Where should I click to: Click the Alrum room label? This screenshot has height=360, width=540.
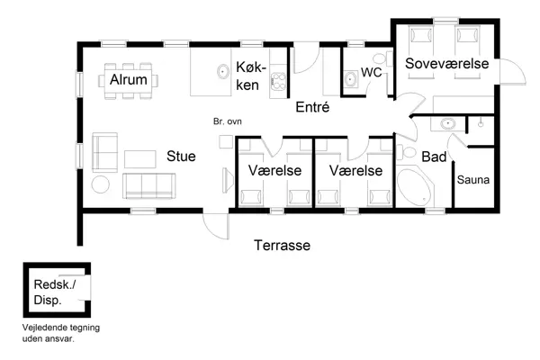[x=129, y=80]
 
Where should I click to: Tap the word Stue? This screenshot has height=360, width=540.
[x=180, y=156]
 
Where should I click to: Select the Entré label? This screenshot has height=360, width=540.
[x=313, y=107]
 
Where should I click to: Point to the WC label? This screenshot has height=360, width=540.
[x=372, y=73]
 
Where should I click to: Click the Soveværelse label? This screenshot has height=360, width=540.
[x=446, y=64]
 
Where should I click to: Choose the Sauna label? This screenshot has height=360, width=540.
[x=473, y=180]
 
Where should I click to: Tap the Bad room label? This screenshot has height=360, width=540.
[x=434, y=157]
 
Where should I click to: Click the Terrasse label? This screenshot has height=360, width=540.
[x=282, y=245]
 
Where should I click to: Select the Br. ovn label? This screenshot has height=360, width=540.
[x=227, y=121]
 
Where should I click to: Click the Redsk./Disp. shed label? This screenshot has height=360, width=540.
[x=55, y=292]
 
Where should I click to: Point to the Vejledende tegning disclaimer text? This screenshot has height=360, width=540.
[x=61, y=334]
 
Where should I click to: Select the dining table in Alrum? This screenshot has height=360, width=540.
[x=130, y=79]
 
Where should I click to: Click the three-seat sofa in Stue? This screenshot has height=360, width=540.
[x=150, y=185]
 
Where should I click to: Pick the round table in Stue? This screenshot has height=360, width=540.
[x=102, y=185]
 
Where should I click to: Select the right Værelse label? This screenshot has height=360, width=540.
[x=355, y=170]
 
